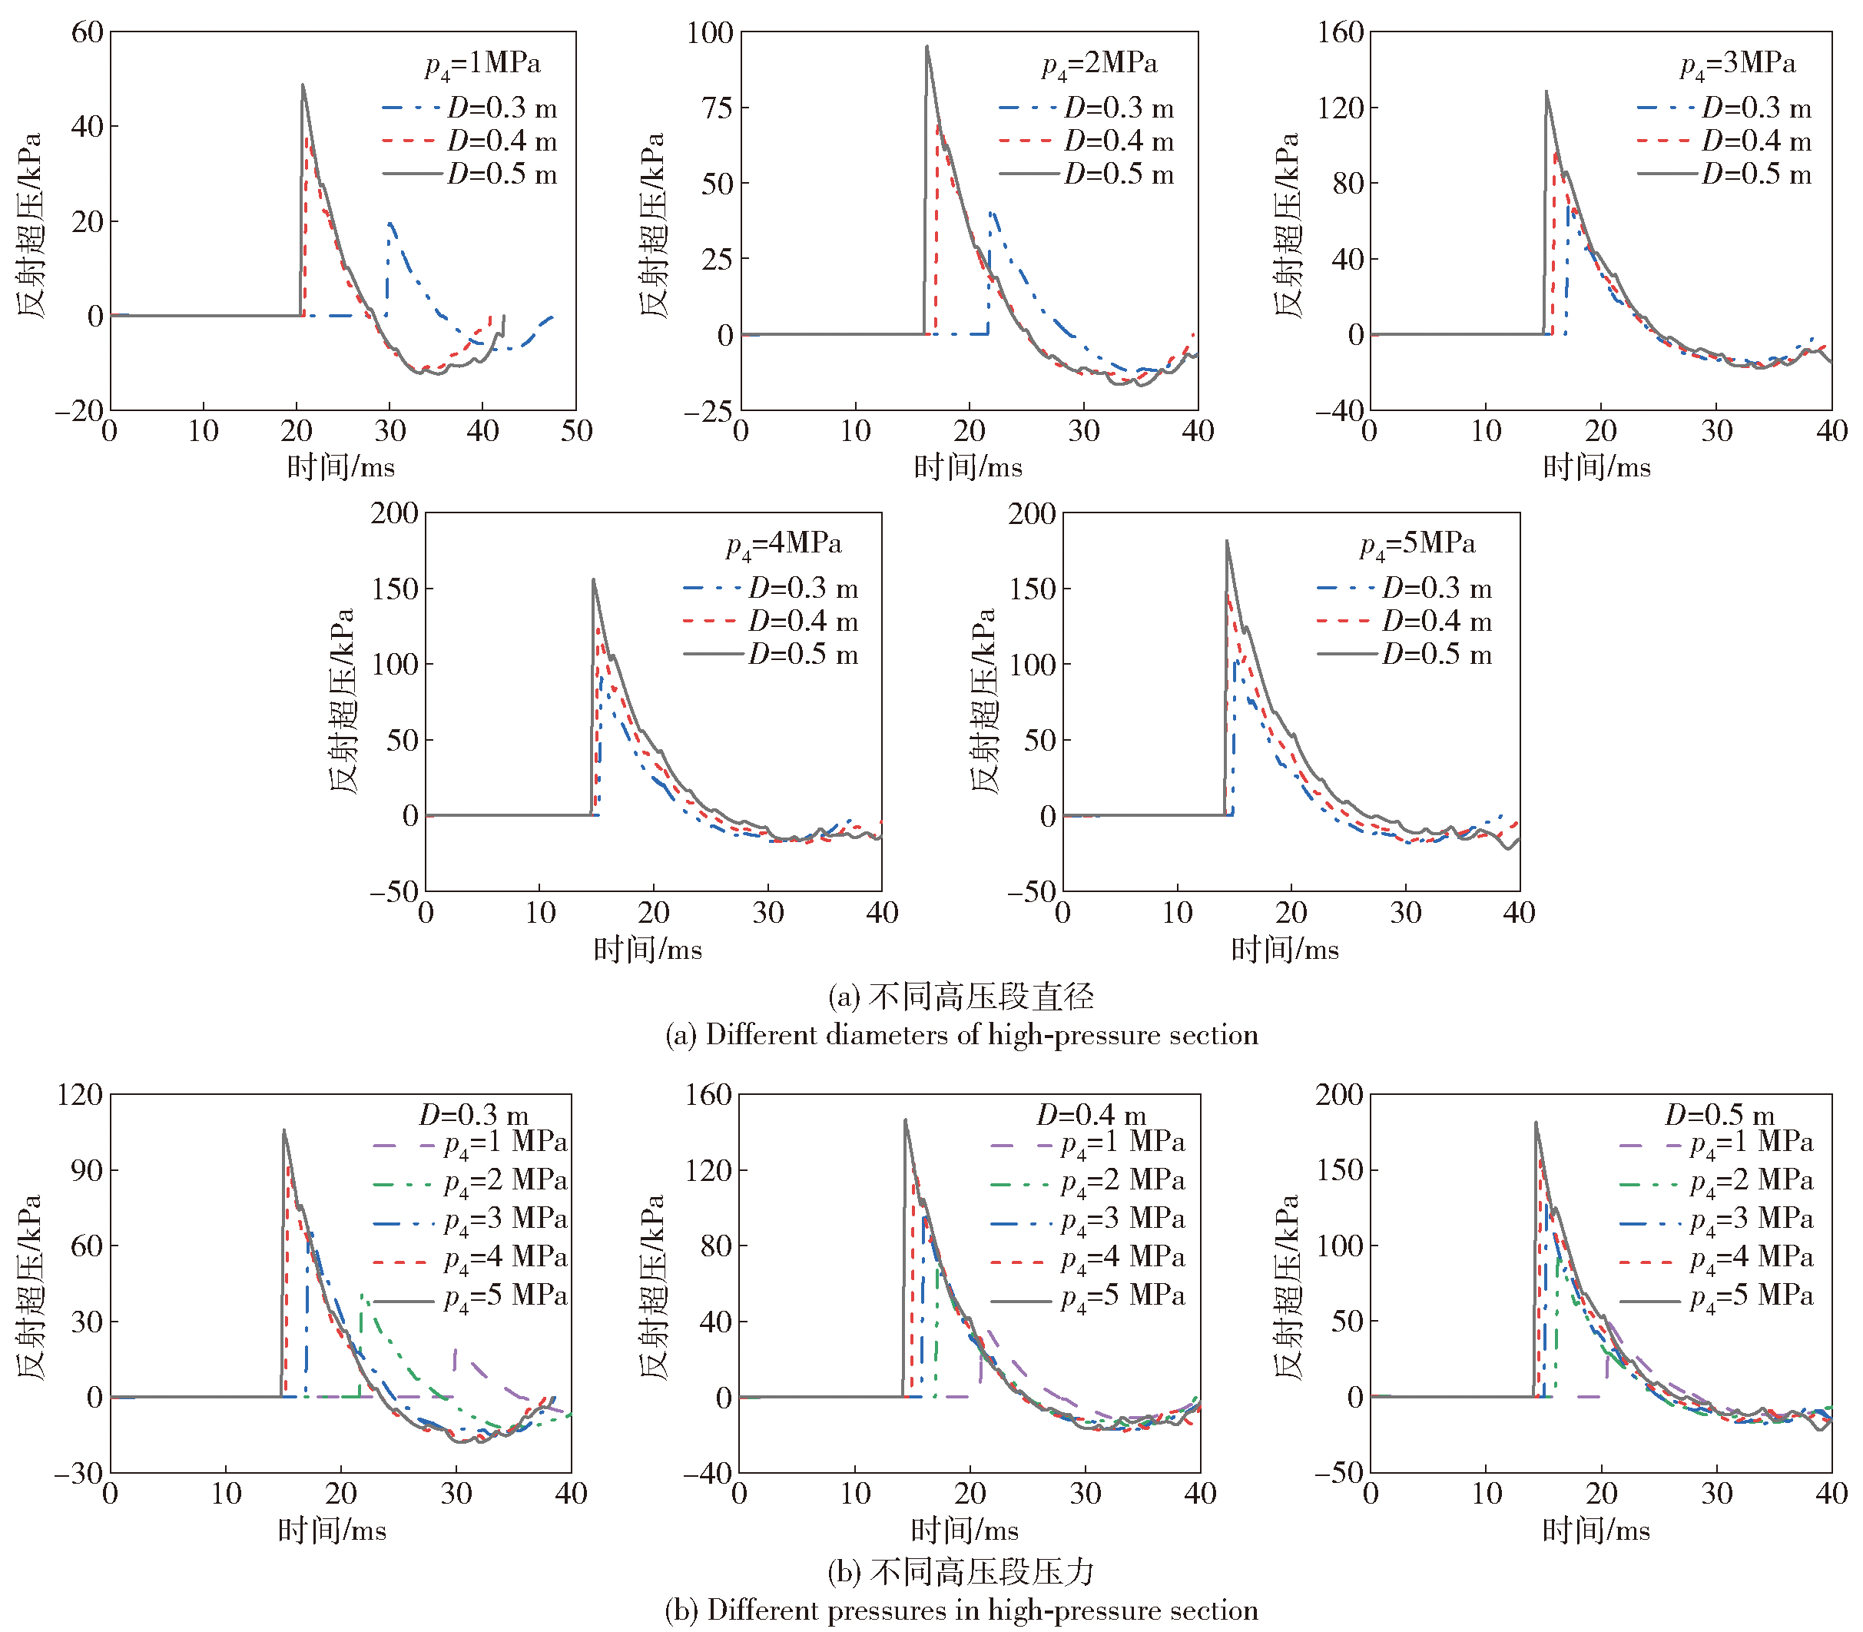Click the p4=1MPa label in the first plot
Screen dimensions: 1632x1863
tap(482, 64)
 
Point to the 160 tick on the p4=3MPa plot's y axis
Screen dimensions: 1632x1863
tap(1341, 33)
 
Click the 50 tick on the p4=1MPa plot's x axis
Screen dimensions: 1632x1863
tap(576, 431)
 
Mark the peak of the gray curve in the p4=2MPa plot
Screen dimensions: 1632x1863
tap(928, 46)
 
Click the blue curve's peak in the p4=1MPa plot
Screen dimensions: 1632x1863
tap(390, 222)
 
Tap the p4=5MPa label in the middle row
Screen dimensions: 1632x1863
tap(1417, 544)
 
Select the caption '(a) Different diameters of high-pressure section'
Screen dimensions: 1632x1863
tap(962, 1036)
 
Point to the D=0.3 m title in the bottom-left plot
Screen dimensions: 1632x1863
tap(473, 1115)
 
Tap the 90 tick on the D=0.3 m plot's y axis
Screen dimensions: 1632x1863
tap(87, 1170)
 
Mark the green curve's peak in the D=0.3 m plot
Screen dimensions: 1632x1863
tap(362, 1294)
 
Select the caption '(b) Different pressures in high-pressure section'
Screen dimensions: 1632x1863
tap(962, 1610)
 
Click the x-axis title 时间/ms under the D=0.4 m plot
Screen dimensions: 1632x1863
tap(964, 1530)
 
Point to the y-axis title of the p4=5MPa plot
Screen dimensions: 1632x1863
tap(984, 702)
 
